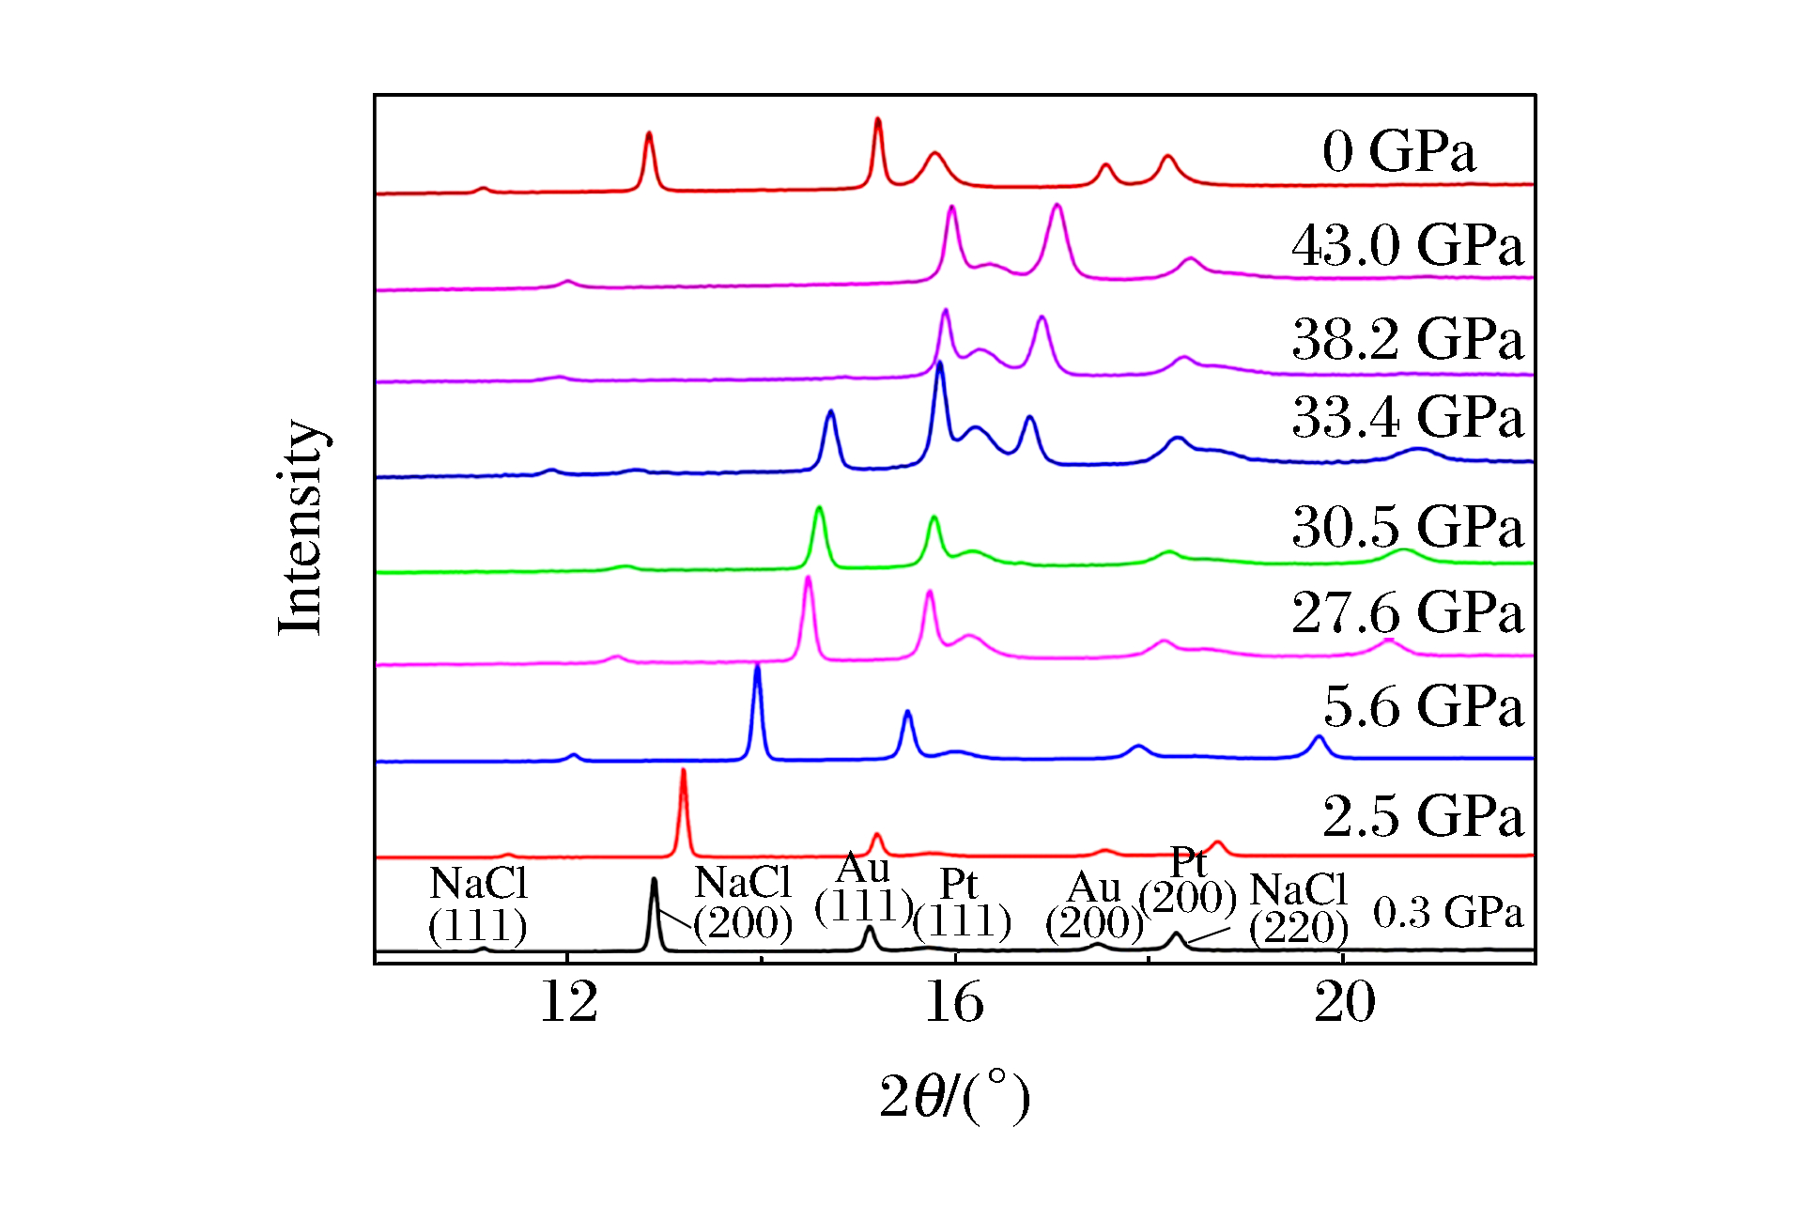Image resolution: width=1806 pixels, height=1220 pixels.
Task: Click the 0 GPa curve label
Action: (x=1398, y=151)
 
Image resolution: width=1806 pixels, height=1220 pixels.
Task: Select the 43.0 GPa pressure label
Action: (x=1407, y=246)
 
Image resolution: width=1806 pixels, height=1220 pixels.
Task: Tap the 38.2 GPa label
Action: (x=1407, y=339)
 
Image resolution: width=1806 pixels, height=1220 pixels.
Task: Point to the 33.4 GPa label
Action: (x=1407, y=417)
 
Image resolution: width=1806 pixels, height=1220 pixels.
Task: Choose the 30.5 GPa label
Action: (x=1407, y=526)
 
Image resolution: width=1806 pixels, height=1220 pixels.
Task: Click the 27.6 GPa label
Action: (x=1407, y=613)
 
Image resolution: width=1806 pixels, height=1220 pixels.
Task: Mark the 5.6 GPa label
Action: (x=1423, y=706)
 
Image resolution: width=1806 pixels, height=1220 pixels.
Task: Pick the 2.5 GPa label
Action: (x=1423, y=815)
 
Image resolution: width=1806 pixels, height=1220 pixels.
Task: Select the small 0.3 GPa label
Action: (x=1447, y=913)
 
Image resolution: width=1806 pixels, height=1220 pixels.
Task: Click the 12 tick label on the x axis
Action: (x=568, y=1003)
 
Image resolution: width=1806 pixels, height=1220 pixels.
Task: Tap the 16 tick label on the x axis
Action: (x=954, y=1003)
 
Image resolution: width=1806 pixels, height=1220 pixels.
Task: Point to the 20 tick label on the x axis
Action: (x=1344, y=1003)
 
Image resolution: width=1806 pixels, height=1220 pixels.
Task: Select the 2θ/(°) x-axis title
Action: (x=954, y=1096)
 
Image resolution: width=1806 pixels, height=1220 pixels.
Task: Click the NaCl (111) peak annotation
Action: (x=478, y=904)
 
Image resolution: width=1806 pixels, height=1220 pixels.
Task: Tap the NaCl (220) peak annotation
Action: (x=1299, y=908)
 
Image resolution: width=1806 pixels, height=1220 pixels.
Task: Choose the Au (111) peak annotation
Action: (x=863, y=888)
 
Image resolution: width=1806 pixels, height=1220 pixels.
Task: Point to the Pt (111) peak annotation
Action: (x=962, y=903)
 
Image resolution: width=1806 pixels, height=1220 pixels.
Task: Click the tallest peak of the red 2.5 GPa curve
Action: (x=683, y=772)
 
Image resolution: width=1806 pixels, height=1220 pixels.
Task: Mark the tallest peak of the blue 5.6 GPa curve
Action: (x=757, y=667)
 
